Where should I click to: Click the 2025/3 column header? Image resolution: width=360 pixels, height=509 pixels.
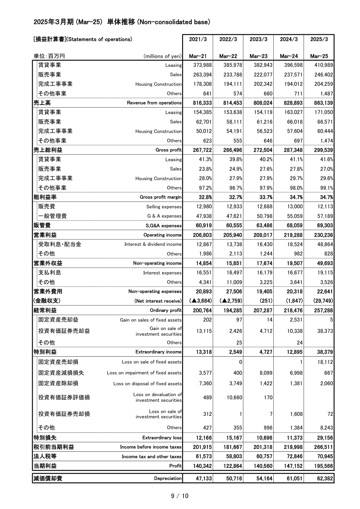tap(319, 39)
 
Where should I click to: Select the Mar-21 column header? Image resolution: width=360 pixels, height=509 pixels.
tap(198, 56)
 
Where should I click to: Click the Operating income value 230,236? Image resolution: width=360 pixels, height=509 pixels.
tap(322, 235)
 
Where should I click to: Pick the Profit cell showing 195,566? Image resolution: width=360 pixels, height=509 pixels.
tap(322, 466)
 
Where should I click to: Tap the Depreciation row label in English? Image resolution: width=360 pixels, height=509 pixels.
tap(168, 479)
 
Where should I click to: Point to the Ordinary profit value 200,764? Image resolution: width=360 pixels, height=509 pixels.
tap(200, 310)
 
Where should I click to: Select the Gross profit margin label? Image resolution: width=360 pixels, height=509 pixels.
tap(160, 197)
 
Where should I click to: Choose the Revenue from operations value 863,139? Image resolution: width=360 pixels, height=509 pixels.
tap(322, 103)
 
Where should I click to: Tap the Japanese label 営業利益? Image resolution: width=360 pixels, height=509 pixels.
tap(45, 235)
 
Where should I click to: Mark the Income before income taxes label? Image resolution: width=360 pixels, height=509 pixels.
tap(151, 447)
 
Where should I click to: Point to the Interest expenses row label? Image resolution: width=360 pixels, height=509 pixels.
tap(162, 273)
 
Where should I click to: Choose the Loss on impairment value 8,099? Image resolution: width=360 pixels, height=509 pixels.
tap(265, 373)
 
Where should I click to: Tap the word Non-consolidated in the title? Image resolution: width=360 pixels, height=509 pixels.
tap(162, 22)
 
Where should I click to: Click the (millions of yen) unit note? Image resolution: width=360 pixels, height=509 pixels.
tap(162, 56)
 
